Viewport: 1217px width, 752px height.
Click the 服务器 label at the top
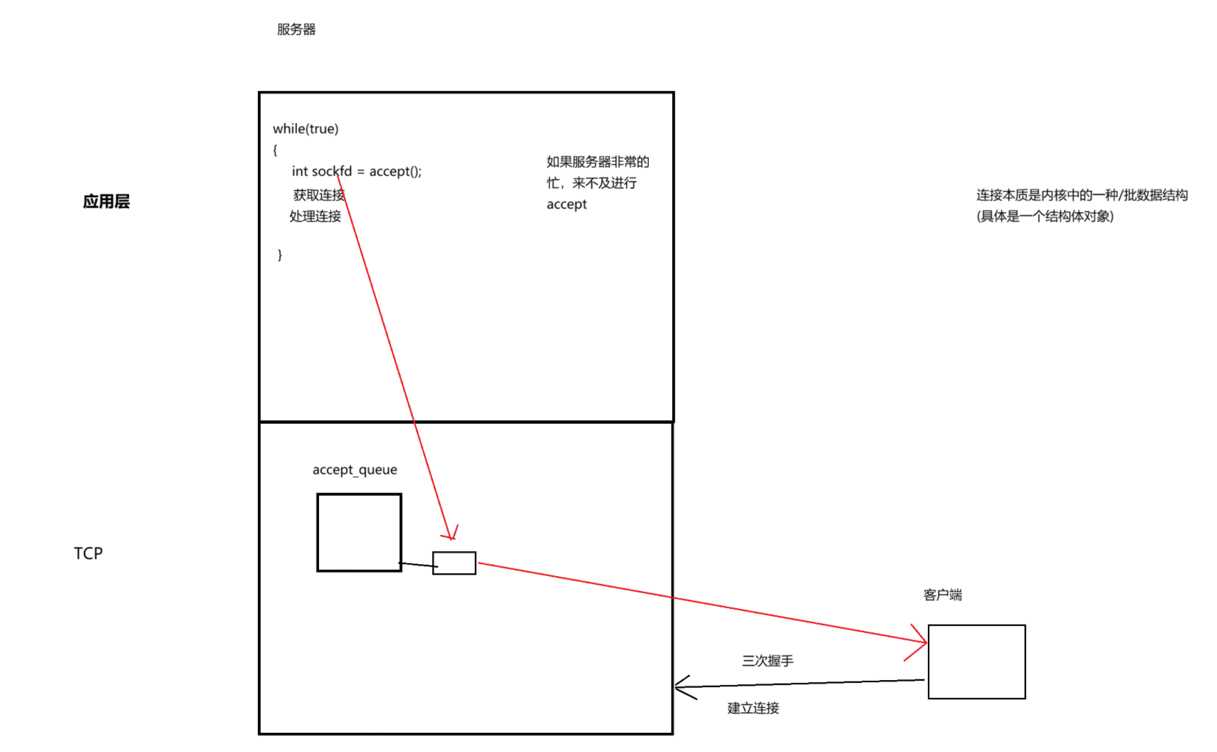[296, 29]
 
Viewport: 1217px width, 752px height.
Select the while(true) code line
[305, 129]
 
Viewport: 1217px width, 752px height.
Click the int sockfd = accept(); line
[356, 172]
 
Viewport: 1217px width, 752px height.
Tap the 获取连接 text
[318, 195]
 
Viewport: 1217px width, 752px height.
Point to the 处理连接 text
[315, 216]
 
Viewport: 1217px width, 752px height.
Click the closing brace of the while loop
[280, 254]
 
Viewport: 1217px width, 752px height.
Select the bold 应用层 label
[106, 202]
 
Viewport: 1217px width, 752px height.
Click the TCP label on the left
[88, 553]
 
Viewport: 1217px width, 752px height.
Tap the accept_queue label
[355, 470]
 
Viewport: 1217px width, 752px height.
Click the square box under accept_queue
[359, 533]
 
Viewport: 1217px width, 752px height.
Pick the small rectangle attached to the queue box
[454, 563]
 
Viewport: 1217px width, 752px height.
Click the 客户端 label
[942, 595]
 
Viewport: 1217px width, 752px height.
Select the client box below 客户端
[976, 662]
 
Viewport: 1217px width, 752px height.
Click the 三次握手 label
[767, 661]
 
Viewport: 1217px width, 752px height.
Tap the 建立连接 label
[753, 708]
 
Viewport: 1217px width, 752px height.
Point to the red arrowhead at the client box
[920, 642]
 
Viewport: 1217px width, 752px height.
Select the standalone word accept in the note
[566, 205]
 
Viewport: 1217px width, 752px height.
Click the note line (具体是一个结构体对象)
[1045, 216]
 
